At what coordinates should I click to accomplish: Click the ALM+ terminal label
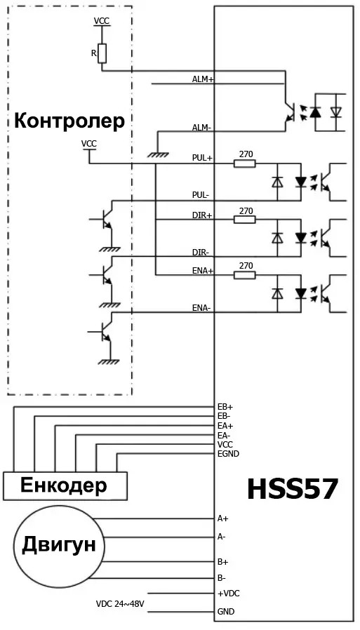[x=203, y=79]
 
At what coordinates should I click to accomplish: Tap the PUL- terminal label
[x=201, y=195]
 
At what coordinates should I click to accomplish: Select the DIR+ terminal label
[x=202, y=215]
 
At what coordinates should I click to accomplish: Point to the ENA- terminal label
[x=201, y=308]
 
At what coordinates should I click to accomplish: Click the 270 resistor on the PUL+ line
[x=245, y=163]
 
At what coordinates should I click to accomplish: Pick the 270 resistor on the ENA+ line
[x=245, y=275]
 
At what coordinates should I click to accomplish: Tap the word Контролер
[x=69, y=121]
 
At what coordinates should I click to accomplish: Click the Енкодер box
[x=65, y=486]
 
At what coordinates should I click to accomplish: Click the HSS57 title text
[x=292, y=489]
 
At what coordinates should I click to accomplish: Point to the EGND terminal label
[x=228, y=454]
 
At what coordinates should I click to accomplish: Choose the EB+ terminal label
[x=225, y=407]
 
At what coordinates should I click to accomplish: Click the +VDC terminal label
[x=229, y=593]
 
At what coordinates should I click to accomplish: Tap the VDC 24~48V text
[x=120, y=603]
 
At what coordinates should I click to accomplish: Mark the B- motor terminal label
[x=221, y=578]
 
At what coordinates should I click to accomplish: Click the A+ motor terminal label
[x=222, y=518]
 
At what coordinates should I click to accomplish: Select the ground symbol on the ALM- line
[x=158, y=154]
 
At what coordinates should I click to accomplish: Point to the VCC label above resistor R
[x=101, y=21]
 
